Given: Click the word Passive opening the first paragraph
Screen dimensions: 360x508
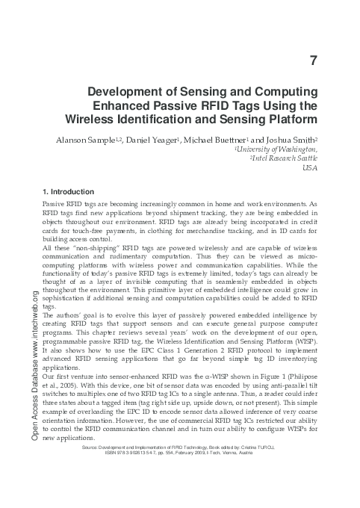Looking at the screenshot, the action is [57, 204].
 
